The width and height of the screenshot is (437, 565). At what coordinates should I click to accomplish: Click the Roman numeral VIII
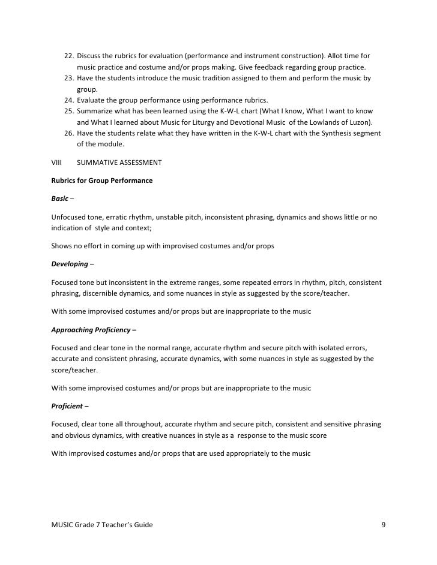58,163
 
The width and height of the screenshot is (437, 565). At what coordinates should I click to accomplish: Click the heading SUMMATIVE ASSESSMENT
119,163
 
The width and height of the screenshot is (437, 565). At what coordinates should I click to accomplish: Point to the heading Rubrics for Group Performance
102,181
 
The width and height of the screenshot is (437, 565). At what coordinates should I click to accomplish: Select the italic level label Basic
60,199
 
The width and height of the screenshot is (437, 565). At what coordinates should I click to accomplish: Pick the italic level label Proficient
67,406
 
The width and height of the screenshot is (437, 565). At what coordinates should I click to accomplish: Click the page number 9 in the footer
383,525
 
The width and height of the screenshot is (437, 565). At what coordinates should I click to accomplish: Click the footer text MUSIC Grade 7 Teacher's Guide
103,525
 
